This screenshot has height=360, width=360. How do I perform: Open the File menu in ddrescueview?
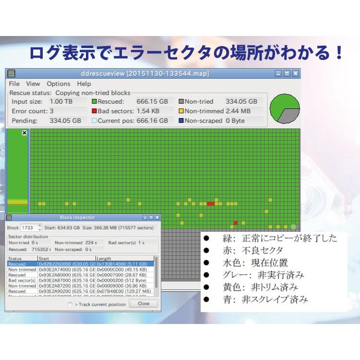14,84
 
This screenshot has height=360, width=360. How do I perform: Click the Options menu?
59,84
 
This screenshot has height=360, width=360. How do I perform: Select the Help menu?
84,84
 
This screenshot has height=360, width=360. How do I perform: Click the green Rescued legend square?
95,102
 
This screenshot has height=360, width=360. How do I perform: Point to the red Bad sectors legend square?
95,111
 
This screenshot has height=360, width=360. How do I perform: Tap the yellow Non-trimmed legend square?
181,111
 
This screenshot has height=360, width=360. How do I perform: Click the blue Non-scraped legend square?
181,121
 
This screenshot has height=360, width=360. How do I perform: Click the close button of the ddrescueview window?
295,73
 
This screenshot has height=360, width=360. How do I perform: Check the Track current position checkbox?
70,304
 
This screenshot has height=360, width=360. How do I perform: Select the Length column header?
104,259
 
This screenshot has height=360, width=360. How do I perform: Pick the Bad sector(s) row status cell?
22,280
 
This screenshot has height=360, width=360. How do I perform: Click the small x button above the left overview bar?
24,133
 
